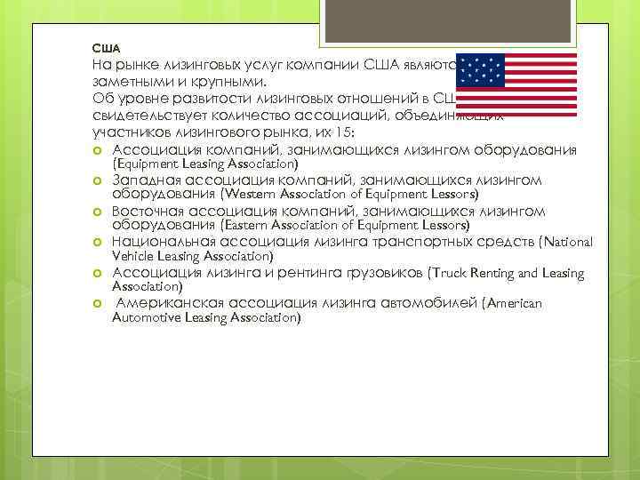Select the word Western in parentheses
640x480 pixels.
coord(253,194)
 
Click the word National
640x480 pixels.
coord(564,241)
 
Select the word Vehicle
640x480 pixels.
coord(132,256)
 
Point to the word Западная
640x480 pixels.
coord(145,180)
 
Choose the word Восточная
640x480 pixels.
coord(149,211)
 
